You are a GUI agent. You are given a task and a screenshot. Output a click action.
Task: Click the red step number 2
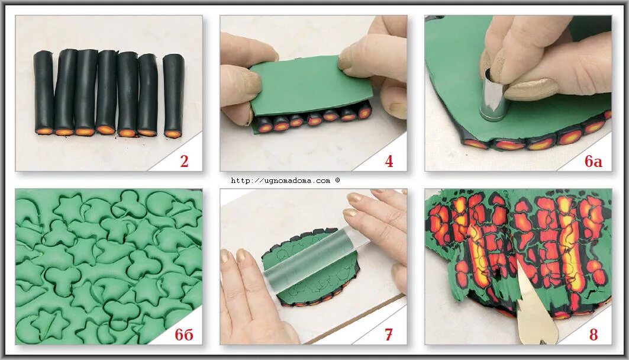click(x=184, y=161)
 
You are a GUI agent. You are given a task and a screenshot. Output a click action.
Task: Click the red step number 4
click(x=389, y=161)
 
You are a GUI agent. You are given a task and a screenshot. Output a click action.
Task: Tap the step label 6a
click(x=593, y=161)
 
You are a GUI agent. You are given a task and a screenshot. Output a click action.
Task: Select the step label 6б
click(x=183, y=335)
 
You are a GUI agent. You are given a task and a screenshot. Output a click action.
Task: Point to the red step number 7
click(x=388, y=335)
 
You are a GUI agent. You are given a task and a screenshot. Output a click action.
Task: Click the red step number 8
click(x=593, y=335)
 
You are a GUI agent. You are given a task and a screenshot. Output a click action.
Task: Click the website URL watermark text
click(x=280, y=181)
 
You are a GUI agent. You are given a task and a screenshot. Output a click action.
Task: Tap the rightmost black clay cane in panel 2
click(x=174, y=95)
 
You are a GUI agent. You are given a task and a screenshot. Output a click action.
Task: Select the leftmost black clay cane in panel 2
click(x=44, y=92)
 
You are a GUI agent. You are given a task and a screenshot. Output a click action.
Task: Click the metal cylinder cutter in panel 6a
click(x=495, y=95)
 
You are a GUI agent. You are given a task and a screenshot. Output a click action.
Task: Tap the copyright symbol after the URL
click(x=337, y=180)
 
